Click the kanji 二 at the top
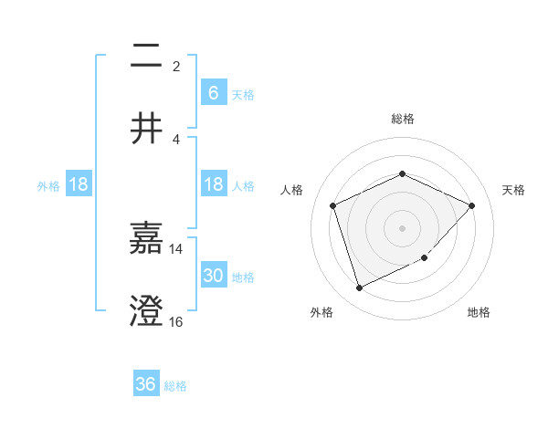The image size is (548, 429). [x=146, y=58]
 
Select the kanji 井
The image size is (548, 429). [x=146, y=129]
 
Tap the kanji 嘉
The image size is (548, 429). [x=146, y=240]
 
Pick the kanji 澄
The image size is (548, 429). [x=146, y=311]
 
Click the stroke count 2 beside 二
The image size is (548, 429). [x=176, y=67]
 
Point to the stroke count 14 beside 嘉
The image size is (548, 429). [x=176, y=248]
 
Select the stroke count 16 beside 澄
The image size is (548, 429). [x=176, y=321]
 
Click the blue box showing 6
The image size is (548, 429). [x=213, y=92]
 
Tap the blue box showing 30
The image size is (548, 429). [x=213, y=276]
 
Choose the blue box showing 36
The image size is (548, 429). [x=146, y=384]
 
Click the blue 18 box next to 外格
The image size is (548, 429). [x=79, y=184]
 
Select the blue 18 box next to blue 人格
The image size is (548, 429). [x=213, y=184]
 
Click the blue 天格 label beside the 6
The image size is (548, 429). [x=243, y=94]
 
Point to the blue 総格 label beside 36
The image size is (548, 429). [x=175, y=386]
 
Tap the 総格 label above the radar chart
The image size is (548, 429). [x=402, y=119]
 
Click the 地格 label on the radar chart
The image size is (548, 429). [x=479, y=312]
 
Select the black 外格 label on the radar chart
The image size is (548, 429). [x=321, y=312]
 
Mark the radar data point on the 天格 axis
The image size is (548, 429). [x=471, y=205]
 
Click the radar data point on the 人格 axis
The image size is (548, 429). [x=333, y=205]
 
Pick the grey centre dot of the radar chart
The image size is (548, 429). [x=402, y=227]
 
